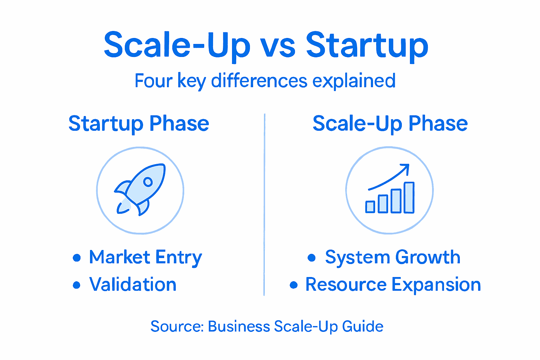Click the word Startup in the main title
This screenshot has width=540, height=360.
367,46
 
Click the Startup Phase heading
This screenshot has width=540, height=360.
139,124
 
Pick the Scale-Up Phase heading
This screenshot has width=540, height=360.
390,124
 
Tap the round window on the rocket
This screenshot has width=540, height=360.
148,182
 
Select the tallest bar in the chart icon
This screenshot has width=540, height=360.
409,198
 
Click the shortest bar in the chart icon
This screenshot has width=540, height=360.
370,207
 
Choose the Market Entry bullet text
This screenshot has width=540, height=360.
145,257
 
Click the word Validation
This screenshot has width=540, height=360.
133,284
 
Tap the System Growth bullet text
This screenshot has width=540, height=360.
392,257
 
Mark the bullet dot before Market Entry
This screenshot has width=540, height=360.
77,258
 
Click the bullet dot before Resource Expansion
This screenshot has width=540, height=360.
294,285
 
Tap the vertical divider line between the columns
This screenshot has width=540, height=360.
264,204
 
